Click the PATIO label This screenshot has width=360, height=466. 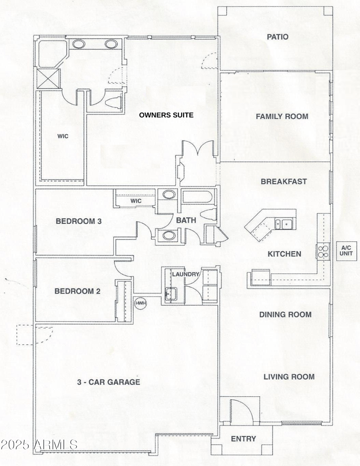(x=277, y=37)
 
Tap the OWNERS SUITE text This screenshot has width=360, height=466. (x=166, y=115)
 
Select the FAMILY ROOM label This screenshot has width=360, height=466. (x=282, y=117)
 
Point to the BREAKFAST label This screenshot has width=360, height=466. (x=284, y=181)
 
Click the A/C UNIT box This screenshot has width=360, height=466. (x=346, y=251)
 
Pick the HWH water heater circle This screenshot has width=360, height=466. (x=141, y=303)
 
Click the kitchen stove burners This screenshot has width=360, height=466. (x=323, y=251)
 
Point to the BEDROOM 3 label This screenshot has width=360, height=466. (x=79, y=222)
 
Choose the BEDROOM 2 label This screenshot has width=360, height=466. (x=77, y=291)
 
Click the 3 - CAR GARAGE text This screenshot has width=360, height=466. (x=108, y=382)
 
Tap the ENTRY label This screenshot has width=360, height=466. (x=243, y=439)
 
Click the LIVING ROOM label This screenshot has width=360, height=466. (x=289, y=377)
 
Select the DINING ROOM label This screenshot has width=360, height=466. (x=285, y=315)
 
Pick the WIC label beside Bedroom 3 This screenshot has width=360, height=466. (x=136, y=201)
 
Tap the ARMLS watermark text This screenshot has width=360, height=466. (x=39, y=445)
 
